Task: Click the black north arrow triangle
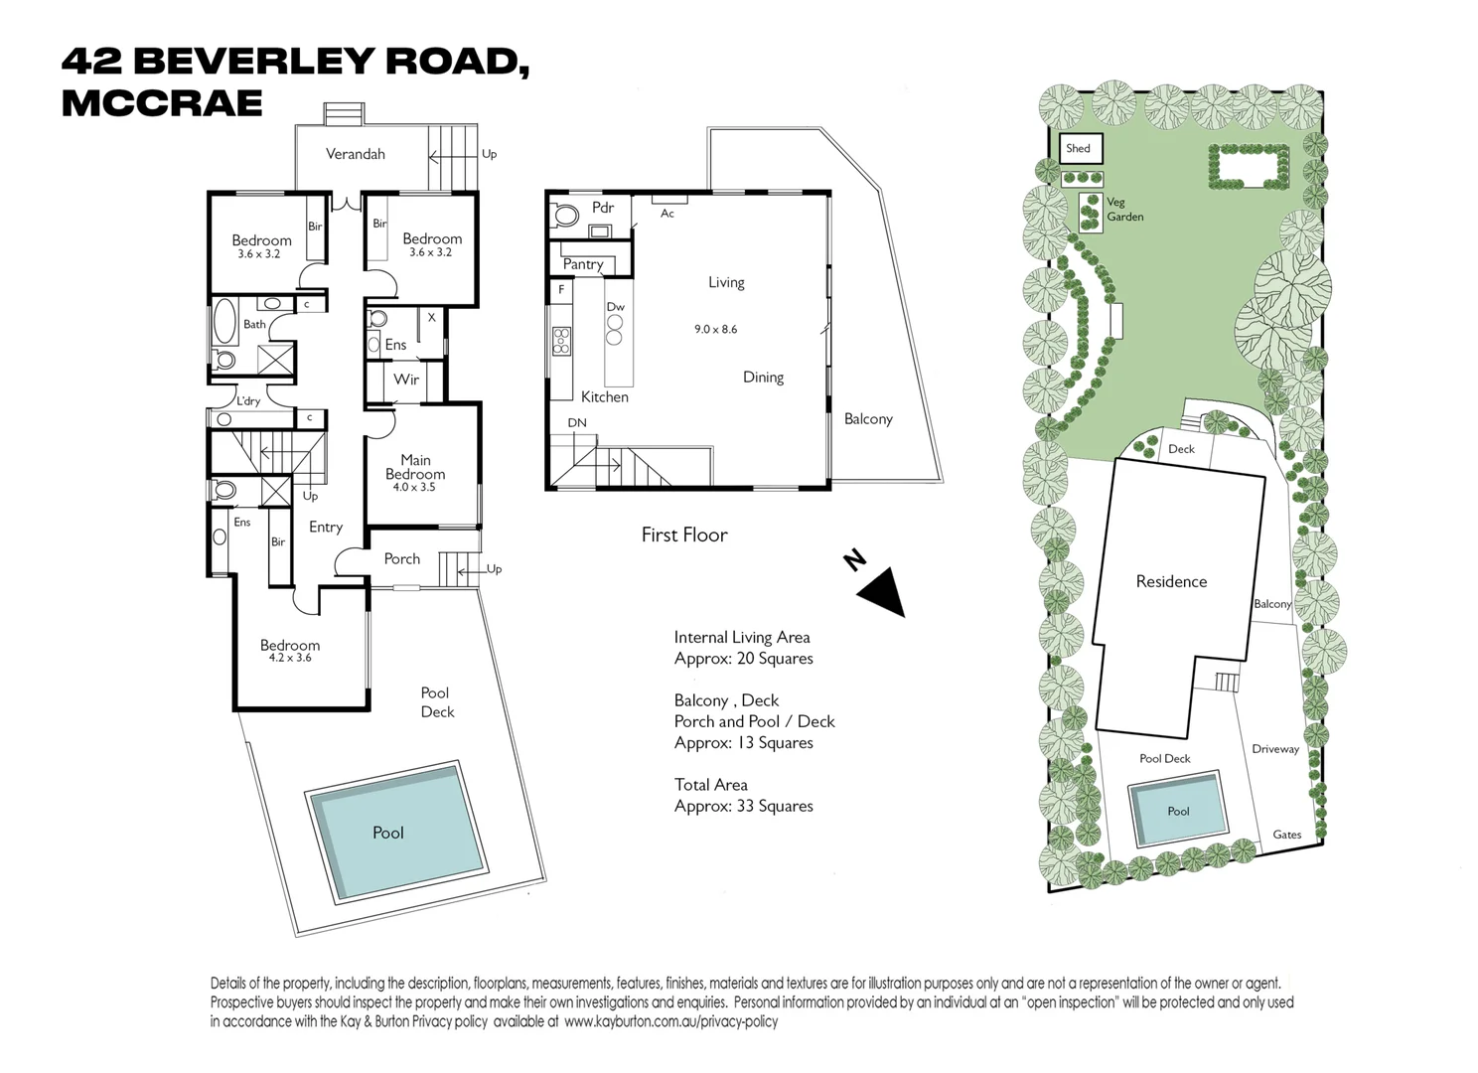click(883, 592)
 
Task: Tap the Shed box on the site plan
click(1079, 149)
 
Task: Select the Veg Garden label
click(1124, 209)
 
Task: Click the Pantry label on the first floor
click(583, 264)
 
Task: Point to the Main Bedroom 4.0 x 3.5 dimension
click(414, 488)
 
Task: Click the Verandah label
click(355, 154)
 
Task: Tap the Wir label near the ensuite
click(406, 380)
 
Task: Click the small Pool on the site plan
click(1178, 811)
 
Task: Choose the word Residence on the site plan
click(1171, 582)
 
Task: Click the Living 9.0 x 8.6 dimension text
click(715, 329)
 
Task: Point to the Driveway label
click(1274, 749)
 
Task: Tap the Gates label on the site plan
click(1286, 835)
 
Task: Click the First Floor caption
click(684, 535)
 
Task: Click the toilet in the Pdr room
click(567, 216)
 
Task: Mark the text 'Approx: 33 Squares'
click(743, 806)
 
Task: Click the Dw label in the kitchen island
click(616, 307)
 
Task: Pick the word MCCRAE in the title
click(162, 103)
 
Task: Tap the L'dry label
click(247, 401)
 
